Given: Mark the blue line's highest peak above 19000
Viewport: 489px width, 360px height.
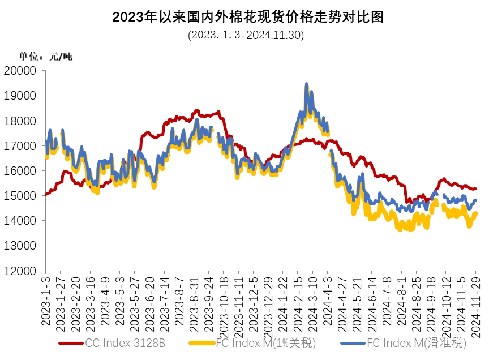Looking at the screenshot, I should pyautogui.click(x=306, y=84).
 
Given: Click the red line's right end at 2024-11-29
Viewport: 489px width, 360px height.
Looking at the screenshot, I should pyautogui.click(x=475, y=189).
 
